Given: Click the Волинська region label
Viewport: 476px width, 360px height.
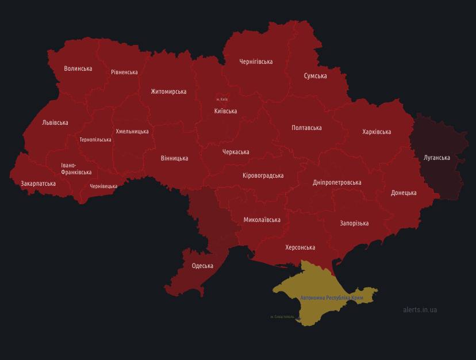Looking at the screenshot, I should pos(78,68).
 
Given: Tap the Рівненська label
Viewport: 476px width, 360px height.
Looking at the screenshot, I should pos(124,72).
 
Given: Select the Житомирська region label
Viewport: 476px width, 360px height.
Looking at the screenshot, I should pos(168,91).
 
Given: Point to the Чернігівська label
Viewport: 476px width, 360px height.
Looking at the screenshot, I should pos(256,62).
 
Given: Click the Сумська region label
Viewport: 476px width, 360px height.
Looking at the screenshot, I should pos(315,76).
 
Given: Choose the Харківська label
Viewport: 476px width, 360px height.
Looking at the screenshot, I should pos(377,132).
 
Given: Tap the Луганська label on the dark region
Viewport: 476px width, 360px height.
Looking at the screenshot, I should pos(436,158).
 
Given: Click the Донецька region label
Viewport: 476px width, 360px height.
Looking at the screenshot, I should pos(404,193).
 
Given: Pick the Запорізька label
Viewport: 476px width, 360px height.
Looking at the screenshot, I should pos(354,223).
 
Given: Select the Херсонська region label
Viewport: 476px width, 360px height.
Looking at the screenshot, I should pos(300,247).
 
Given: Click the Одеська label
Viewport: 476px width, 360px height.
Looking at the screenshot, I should pos(202,266).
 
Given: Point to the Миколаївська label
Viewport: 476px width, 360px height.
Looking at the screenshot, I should pos(262,220).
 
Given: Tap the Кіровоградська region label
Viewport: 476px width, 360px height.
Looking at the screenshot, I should pos(263,175).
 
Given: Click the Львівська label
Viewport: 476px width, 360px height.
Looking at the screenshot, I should pos(55,122).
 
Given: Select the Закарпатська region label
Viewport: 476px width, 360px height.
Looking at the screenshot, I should pos(38,183).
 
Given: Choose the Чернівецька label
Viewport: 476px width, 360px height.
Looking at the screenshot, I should pos(103,186).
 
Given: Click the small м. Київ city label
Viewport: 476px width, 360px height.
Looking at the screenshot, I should pos(222,99).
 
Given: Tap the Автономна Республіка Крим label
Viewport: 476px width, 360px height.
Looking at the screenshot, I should pos(332,298).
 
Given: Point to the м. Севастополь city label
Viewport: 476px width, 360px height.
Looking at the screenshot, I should pos(282,317).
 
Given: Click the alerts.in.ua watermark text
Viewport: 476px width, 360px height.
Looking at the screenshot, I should pos(420,310).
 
